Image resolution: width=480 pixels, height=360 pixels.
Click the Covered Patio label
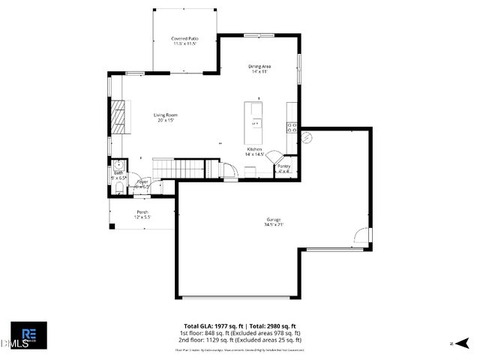[184, 40]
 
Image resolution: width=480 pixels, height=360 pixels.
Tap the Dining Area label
[259, 68]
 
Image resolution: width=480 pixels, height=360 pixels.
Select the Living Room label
[166, 117]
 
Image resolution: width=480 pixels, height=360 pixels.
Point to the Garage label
[273, 221]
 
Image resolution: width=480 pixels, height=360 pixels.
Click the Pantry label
[283, 168]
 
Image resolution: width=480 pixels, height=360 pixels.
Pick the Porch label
[142, 214]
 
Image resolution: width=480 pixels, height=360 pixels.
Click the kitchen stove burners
[292, 127]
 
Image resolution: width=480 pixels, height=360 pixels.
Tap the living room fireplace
[117, 115]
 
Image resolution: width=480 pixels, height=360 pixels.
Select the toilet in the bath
[118, 187]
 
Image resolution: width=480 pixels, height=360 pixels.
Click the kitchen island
[256, 124]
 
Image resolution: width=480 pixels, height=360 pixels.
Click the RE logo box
[29, 334]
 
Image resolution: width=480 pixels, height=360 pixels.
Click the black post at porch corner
[112, 226]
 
